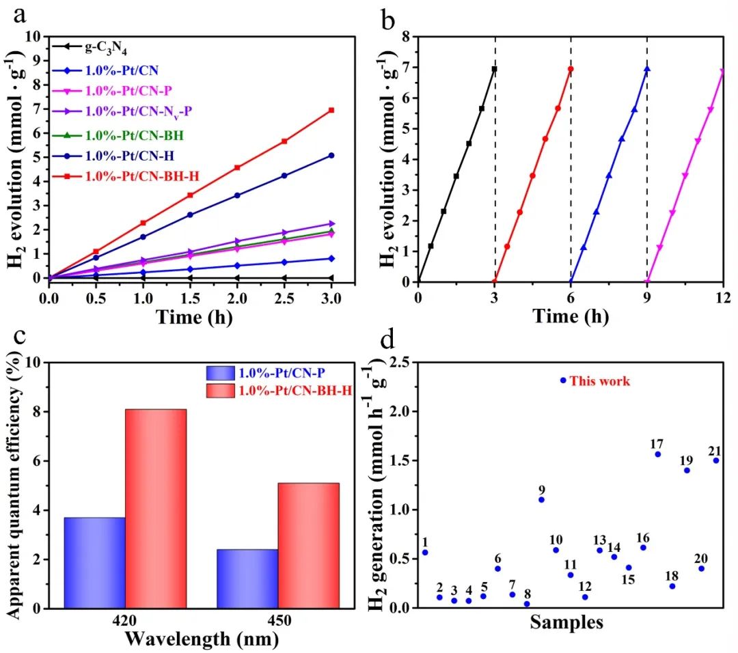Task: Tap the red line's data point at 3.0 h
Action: (331, 110)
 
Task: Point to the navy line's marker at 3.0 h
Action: (331, 156)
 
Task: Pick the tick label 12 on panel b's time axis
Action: (722, 297)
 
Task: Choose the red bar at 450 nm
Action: (308, 545)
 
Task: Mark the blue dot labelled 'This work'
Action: (563, 380)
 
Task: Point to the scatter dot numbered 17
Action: (657, 454)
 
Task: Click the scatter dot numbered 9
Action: (541, 499)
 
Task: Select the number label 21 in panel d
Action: (715, 450)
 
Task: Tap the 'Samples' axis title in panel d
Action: (566, 623)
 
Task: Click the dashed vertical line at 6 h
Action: (571, 171)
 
